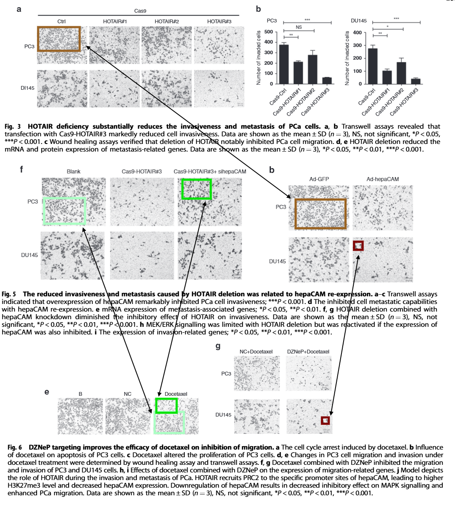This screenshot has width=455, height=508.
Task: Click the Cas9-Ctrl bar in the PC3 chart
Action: coord(284,64)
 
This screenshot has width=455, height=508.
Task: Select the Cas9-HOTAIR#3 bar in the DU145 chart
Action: coord(416,81)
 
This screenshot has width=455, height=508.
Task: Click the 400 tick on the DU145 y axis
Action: coord(357,33)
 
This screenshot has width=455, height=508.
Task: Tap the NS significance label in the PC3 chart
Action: coord(299,28)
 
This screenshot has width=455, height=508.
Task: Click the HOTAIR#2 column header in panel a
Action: coord(166,22)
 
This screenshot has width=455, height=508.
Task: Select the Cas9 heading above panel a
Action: coord(140,11)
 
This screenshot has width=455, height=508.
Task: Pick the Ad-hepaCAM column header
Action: coord(383,179)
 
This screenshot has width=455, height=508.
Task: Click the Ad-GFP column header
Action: coord(319,179)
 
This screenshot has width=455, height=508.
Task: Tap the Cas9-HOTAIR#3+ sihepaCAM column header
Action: coord(210,171)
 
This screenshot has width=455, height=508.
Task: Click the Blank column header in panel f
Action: coord(73,171)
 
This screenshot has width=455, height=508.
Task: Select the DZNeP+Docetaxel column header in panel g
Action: coord(308,351)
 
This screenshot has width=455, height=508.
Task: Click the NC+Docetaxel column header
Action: coord(256,351)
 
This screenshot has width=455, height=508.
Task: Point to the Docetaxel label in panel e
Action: coord(176,394)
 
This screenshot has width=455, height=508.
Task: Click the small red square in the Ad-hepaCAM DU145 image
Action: coord(358,246)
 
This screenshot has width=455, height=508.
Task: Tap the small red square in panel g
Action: coord(325,420)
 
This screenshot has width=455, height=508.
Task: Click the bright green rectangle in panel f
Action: coord(196,189)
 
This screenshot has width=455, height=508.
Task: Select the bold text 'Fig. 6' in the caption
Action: coord(15,447)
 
